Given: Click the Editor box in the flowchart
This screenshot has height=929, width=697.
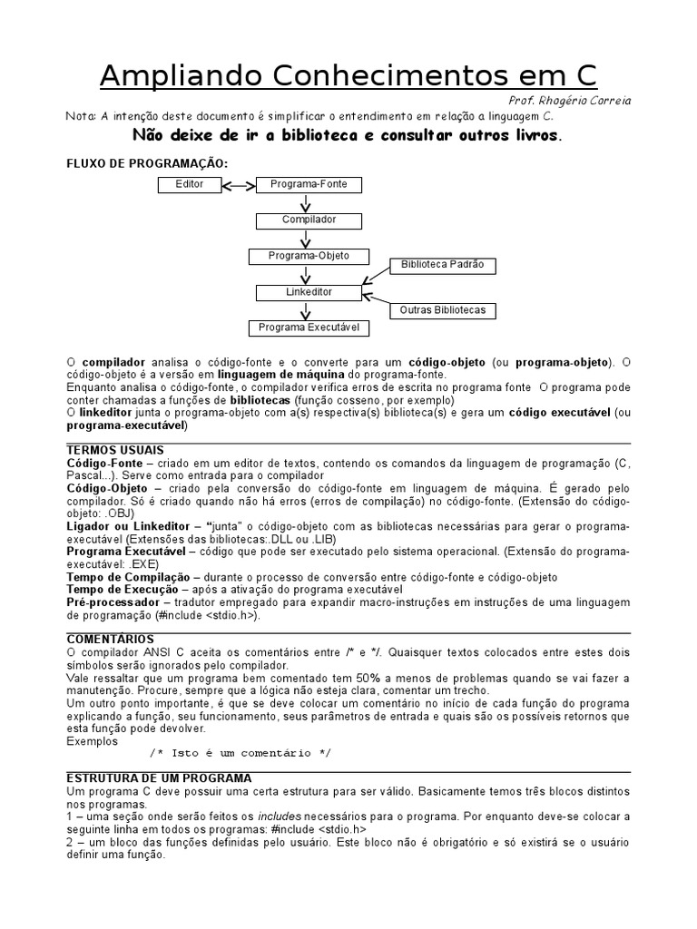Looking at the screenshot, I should (190, 185).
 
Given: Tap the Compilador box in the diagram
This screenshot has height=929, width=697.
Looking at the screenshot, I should (309, 220).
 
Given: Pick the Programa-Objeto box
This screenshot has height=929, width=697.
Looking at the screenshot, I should (308, 256).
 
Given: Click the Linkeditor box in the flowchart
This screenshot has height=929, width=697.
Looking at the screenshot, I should (309, 292).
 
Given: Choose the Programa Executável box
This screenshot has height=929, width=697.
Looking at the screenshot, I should (309, 328).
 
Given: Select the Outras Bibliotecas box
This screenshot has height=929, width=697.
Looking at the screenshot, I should (443, 310).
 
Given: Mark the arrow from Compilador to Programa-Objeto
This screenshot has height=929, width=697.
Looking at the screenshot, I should (309, 239).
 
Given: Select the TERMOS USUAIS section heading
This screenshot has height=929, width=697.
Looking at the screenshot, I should (115, 450).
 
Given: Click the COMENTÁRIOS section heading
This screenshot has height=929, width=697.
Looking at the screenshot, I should (110, 640).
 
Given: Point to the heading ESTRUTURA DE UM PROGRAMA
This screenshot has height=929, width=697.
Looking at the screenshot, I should (159, 778).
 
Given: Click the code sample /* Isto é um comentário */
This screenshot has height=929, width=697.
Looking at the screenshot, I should (241, 753).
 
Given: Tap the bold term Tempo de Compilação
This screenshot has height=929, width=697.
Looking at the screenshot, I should (127, 577).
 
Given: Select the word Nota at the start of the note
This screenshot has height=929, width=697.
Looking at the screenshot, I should (80, 116).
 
